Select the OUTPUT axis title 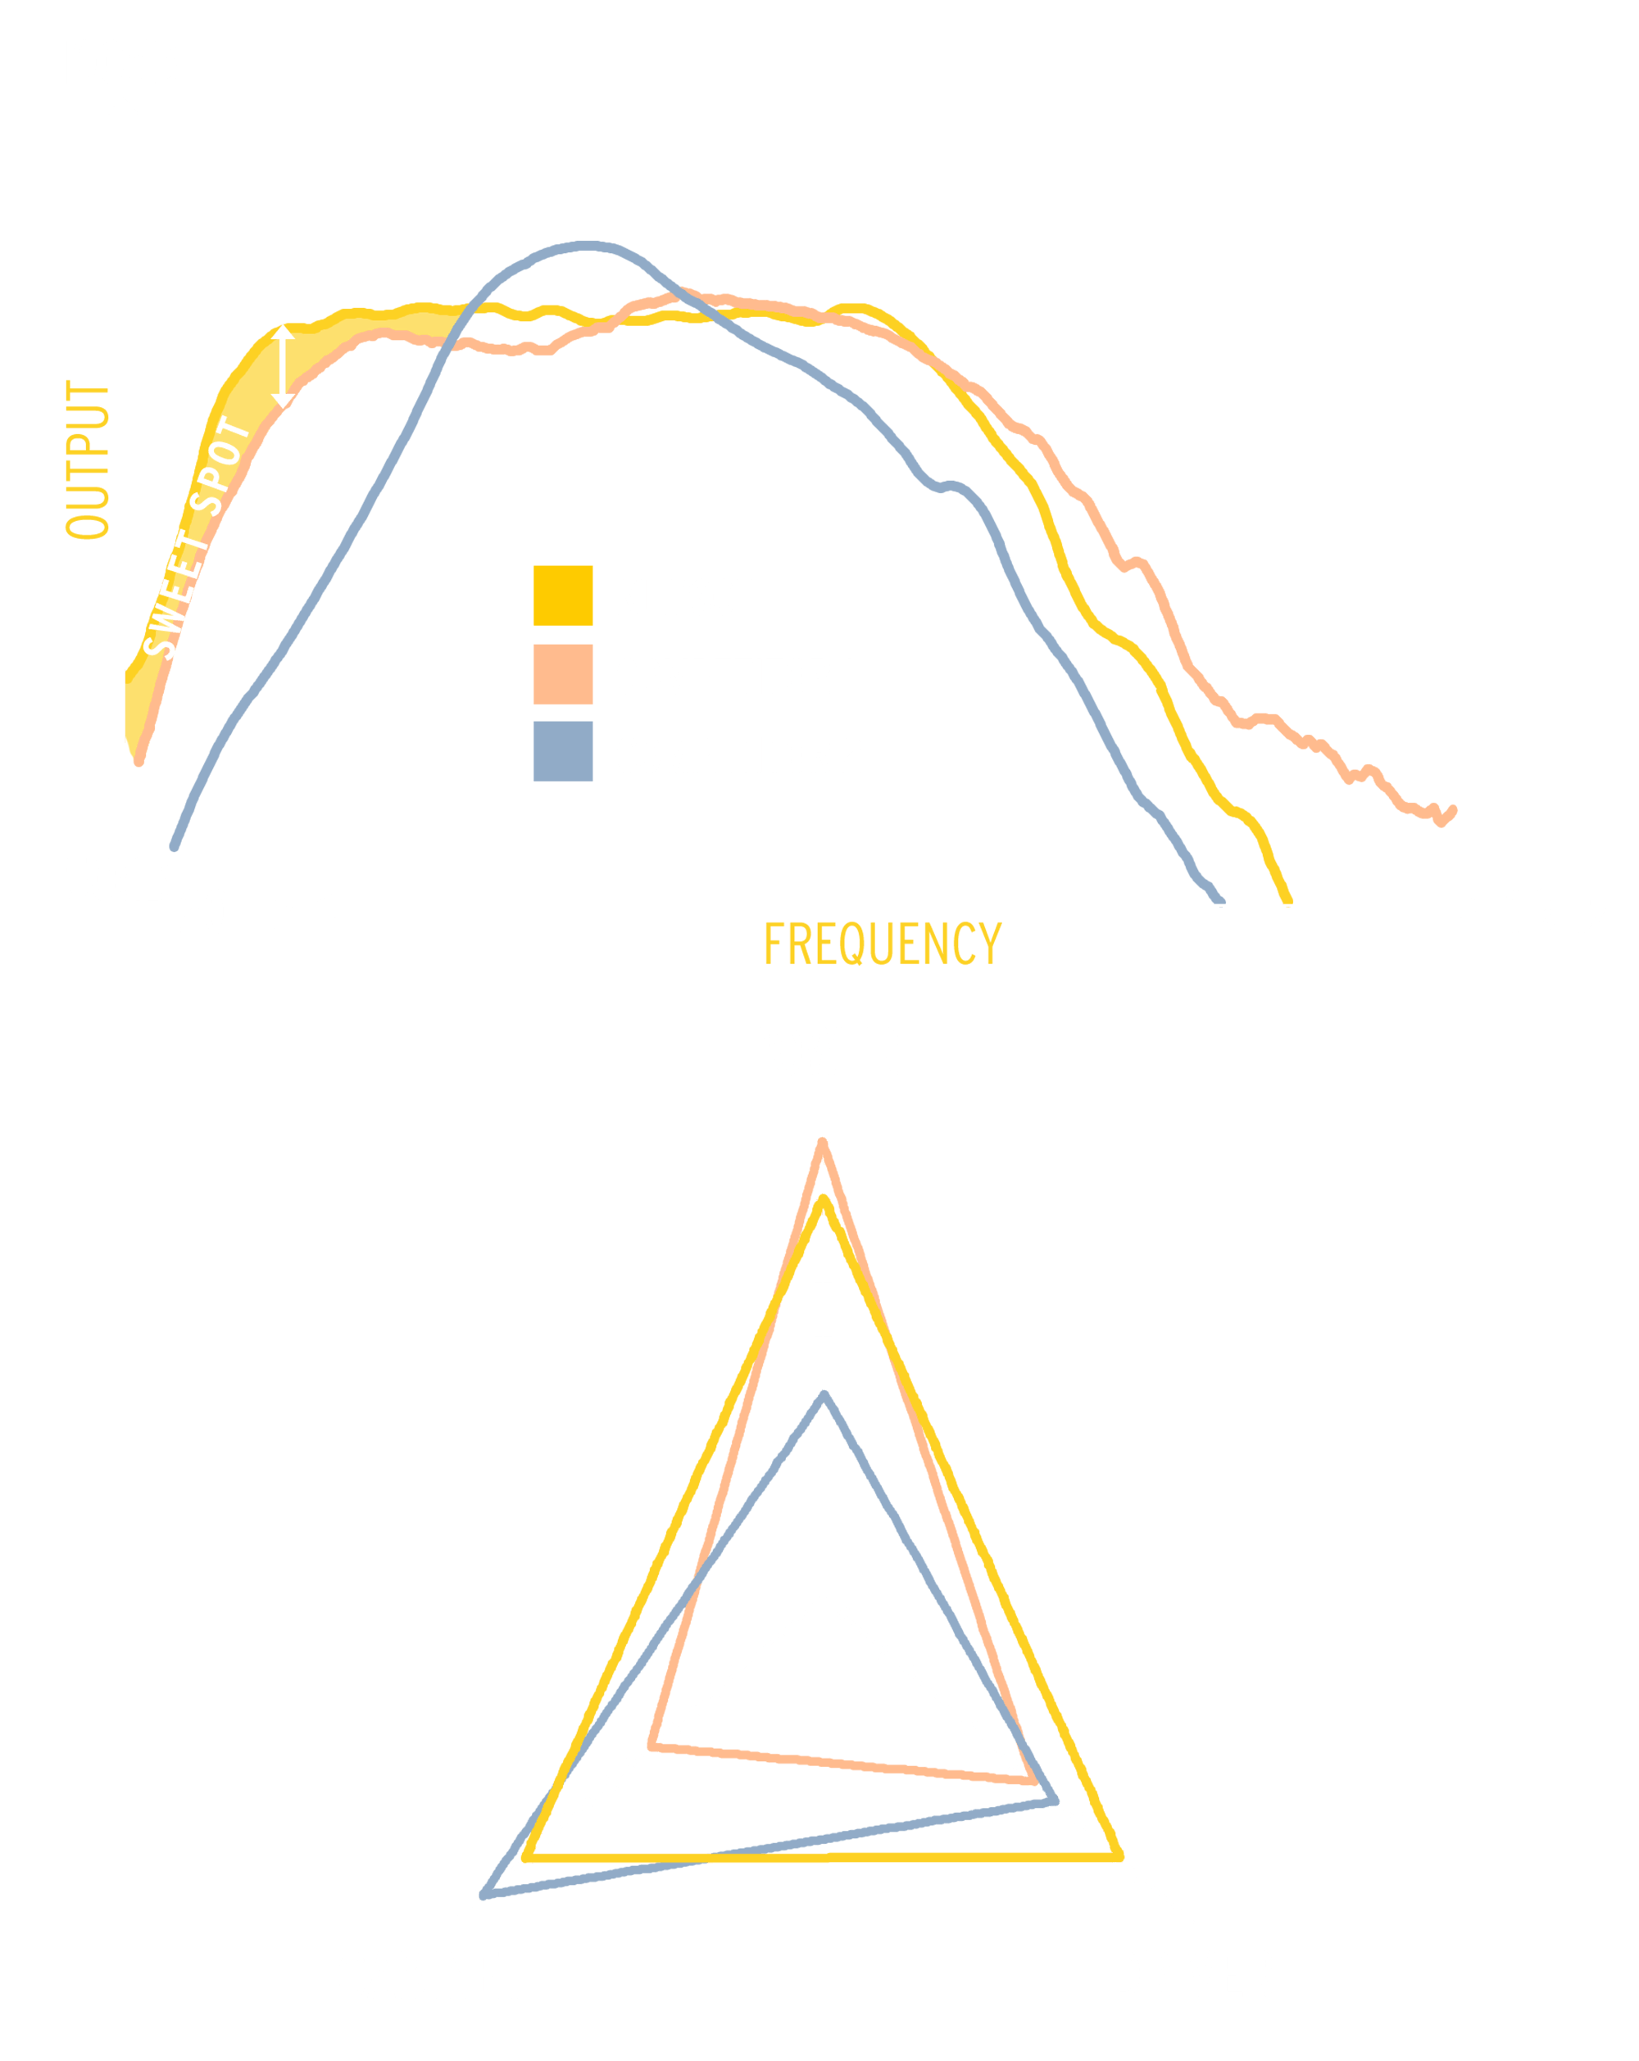click(88, 460)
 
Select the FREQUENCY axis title click(882, 944)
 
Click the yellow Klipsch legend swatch click(562, 596)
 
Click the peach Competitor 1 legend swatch click(562, 675)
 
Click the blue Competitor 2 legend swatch click(562, 751)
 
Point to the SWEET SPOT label click(196, 537)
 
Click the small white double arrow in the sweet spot click(283, 366)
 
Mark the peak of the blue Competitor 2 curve click(586, 247)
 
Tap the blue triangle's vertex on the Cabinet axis click(486, 1893)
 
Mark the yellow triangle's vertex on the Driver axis click(1118, 1856)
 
